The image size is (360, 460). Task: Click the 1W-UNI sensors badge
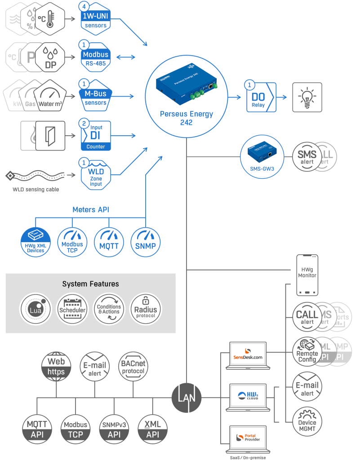[96, 20]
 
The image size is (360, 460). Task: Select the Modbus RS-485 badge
[95, 58]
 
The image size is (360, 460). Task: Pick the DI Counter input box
[95, 135]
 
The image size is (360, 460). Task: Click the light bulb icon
[307, 97]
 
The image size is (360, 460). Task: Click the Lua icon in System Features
[35, 309]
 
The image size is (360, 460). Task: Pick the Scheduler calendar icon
[72, 309]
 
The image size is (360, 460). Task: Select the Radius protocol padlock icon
[146, 309]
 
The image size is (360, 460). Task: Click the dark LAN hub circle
[187, 397]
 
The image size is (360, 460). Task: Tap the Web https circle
[56, 366]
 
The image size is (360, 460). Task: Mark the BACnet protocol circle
[133, 366]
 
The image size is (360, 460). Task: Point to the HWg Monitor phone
[307, 275]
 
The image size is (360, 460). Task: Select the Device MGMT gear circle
[307, 422]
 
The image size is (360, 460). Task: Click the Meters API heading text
[91, 210]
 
